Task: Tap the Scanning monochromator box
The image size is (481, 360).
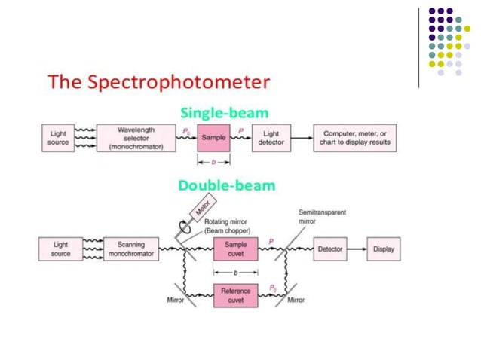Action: pos(136,249)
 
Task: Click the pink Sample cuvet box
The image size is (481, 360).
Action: pos(234,249)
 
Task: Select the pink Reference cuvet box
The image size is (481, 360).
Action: pos(234,295)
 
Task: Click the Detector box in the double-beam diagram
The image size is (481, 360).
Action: pos(330,249)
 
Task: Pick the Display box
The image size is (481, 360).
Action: pos(384,249)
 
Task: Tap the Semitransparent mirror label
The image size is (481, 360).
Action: pos(321,217)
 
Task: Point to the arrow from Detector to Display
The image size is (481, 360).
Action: pos(357,249)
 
